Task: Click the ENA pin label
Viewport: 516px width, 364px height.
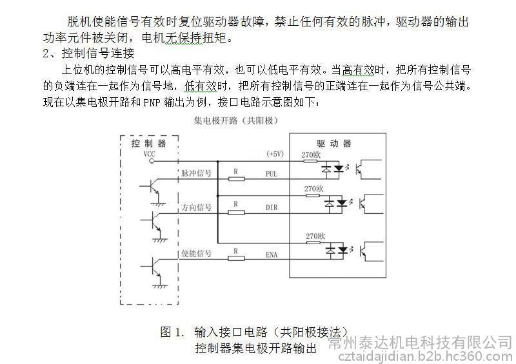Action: pyautogui.click(x=272, y=256)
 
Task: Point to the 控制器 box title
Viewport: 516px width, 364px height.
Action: pyautogui.click(x=148, y=143)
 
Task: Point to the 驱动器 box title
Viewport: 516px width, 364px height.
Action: pyautogui.click(x=334, y=143)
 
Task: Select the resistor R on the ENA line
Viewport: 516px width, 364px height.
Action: pyautogui.click(x=237, y=259)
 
